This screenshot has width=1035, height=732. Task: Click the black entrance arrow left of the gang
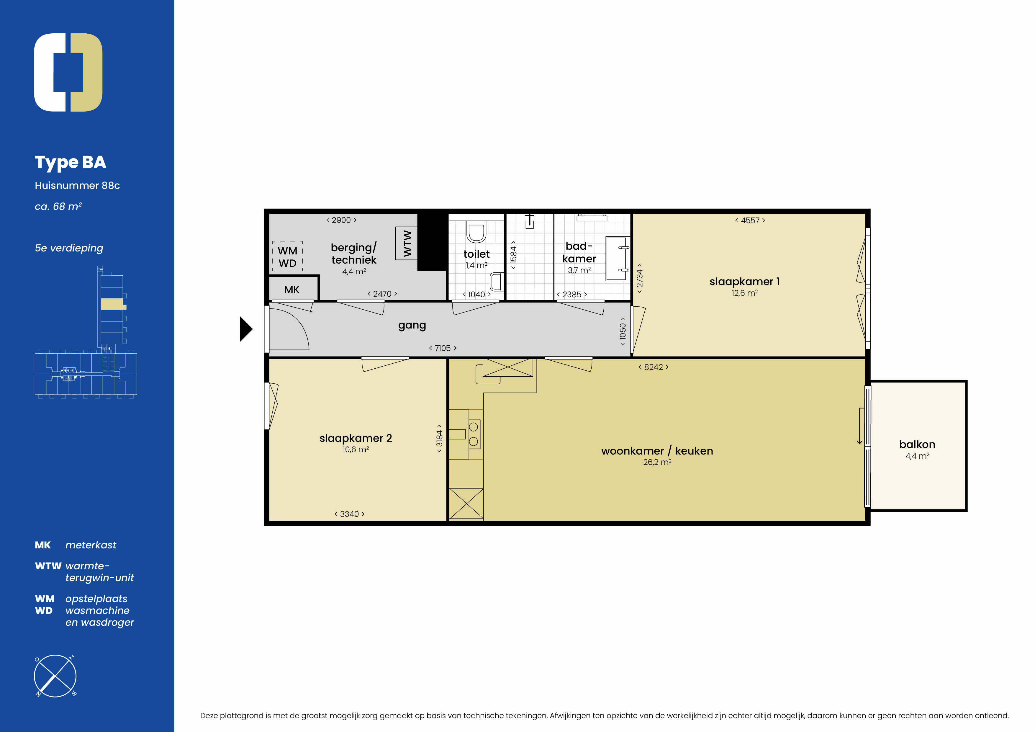coord(246,329)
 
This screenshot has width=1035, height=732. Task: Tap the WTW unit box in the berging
coord(406,243)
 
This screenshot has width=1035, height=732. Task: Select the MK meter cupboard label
coord(292,290)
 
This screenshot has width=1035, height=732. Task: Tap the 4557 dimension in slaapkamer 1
coord(750,220)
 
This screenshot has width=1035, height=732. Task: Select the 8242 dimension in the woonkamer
coord(654,367)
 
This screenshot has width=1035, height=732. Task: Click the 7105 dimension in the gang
coord(443,348)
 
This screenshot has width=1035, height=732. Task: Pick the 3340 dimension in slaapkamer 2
coord(349,514)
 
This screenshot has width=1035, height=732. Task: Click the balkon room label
coord(917,445)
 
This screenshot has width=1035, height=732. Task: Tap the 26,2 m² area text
coord(657,462)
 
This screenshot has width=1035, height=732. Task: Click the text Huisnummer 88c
coord(77,185)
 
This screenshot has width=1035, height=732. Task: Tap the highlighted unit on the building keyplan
coord(112,304)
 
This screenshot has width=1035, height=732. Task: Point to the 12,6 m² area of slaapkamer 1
coord(745,293)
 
